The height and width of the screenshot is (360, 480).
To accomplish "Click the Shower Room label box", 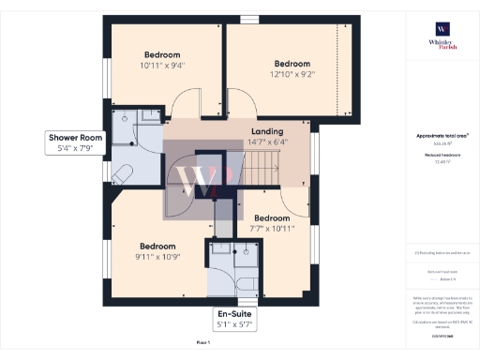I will [77, 142].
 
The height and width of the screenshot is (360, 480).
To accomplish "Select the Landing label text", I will [267, 132].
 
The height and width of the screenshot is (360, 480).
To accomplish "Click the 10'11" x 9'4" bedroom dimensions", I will [162, 66].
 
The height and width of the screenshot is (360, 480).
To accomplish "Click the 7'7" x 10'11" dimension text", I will [272, 227].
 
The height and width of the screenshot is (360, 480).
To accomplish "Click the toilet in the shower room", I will [123, 173].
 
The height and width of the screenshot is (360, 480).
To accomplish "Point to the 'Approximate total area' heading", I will [442, 136].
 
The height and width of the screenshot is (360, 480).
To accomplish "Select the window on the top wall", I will [248, 18].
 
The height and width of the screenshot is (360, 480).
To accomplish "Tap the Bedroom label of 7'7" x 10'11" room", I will [272, 216].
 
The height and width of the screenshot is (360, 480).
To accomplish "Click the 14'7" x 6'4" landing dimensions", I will [267, 143].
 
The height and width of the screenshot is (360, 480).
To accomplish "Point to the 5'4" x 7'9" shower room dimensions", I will [77, 148].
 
